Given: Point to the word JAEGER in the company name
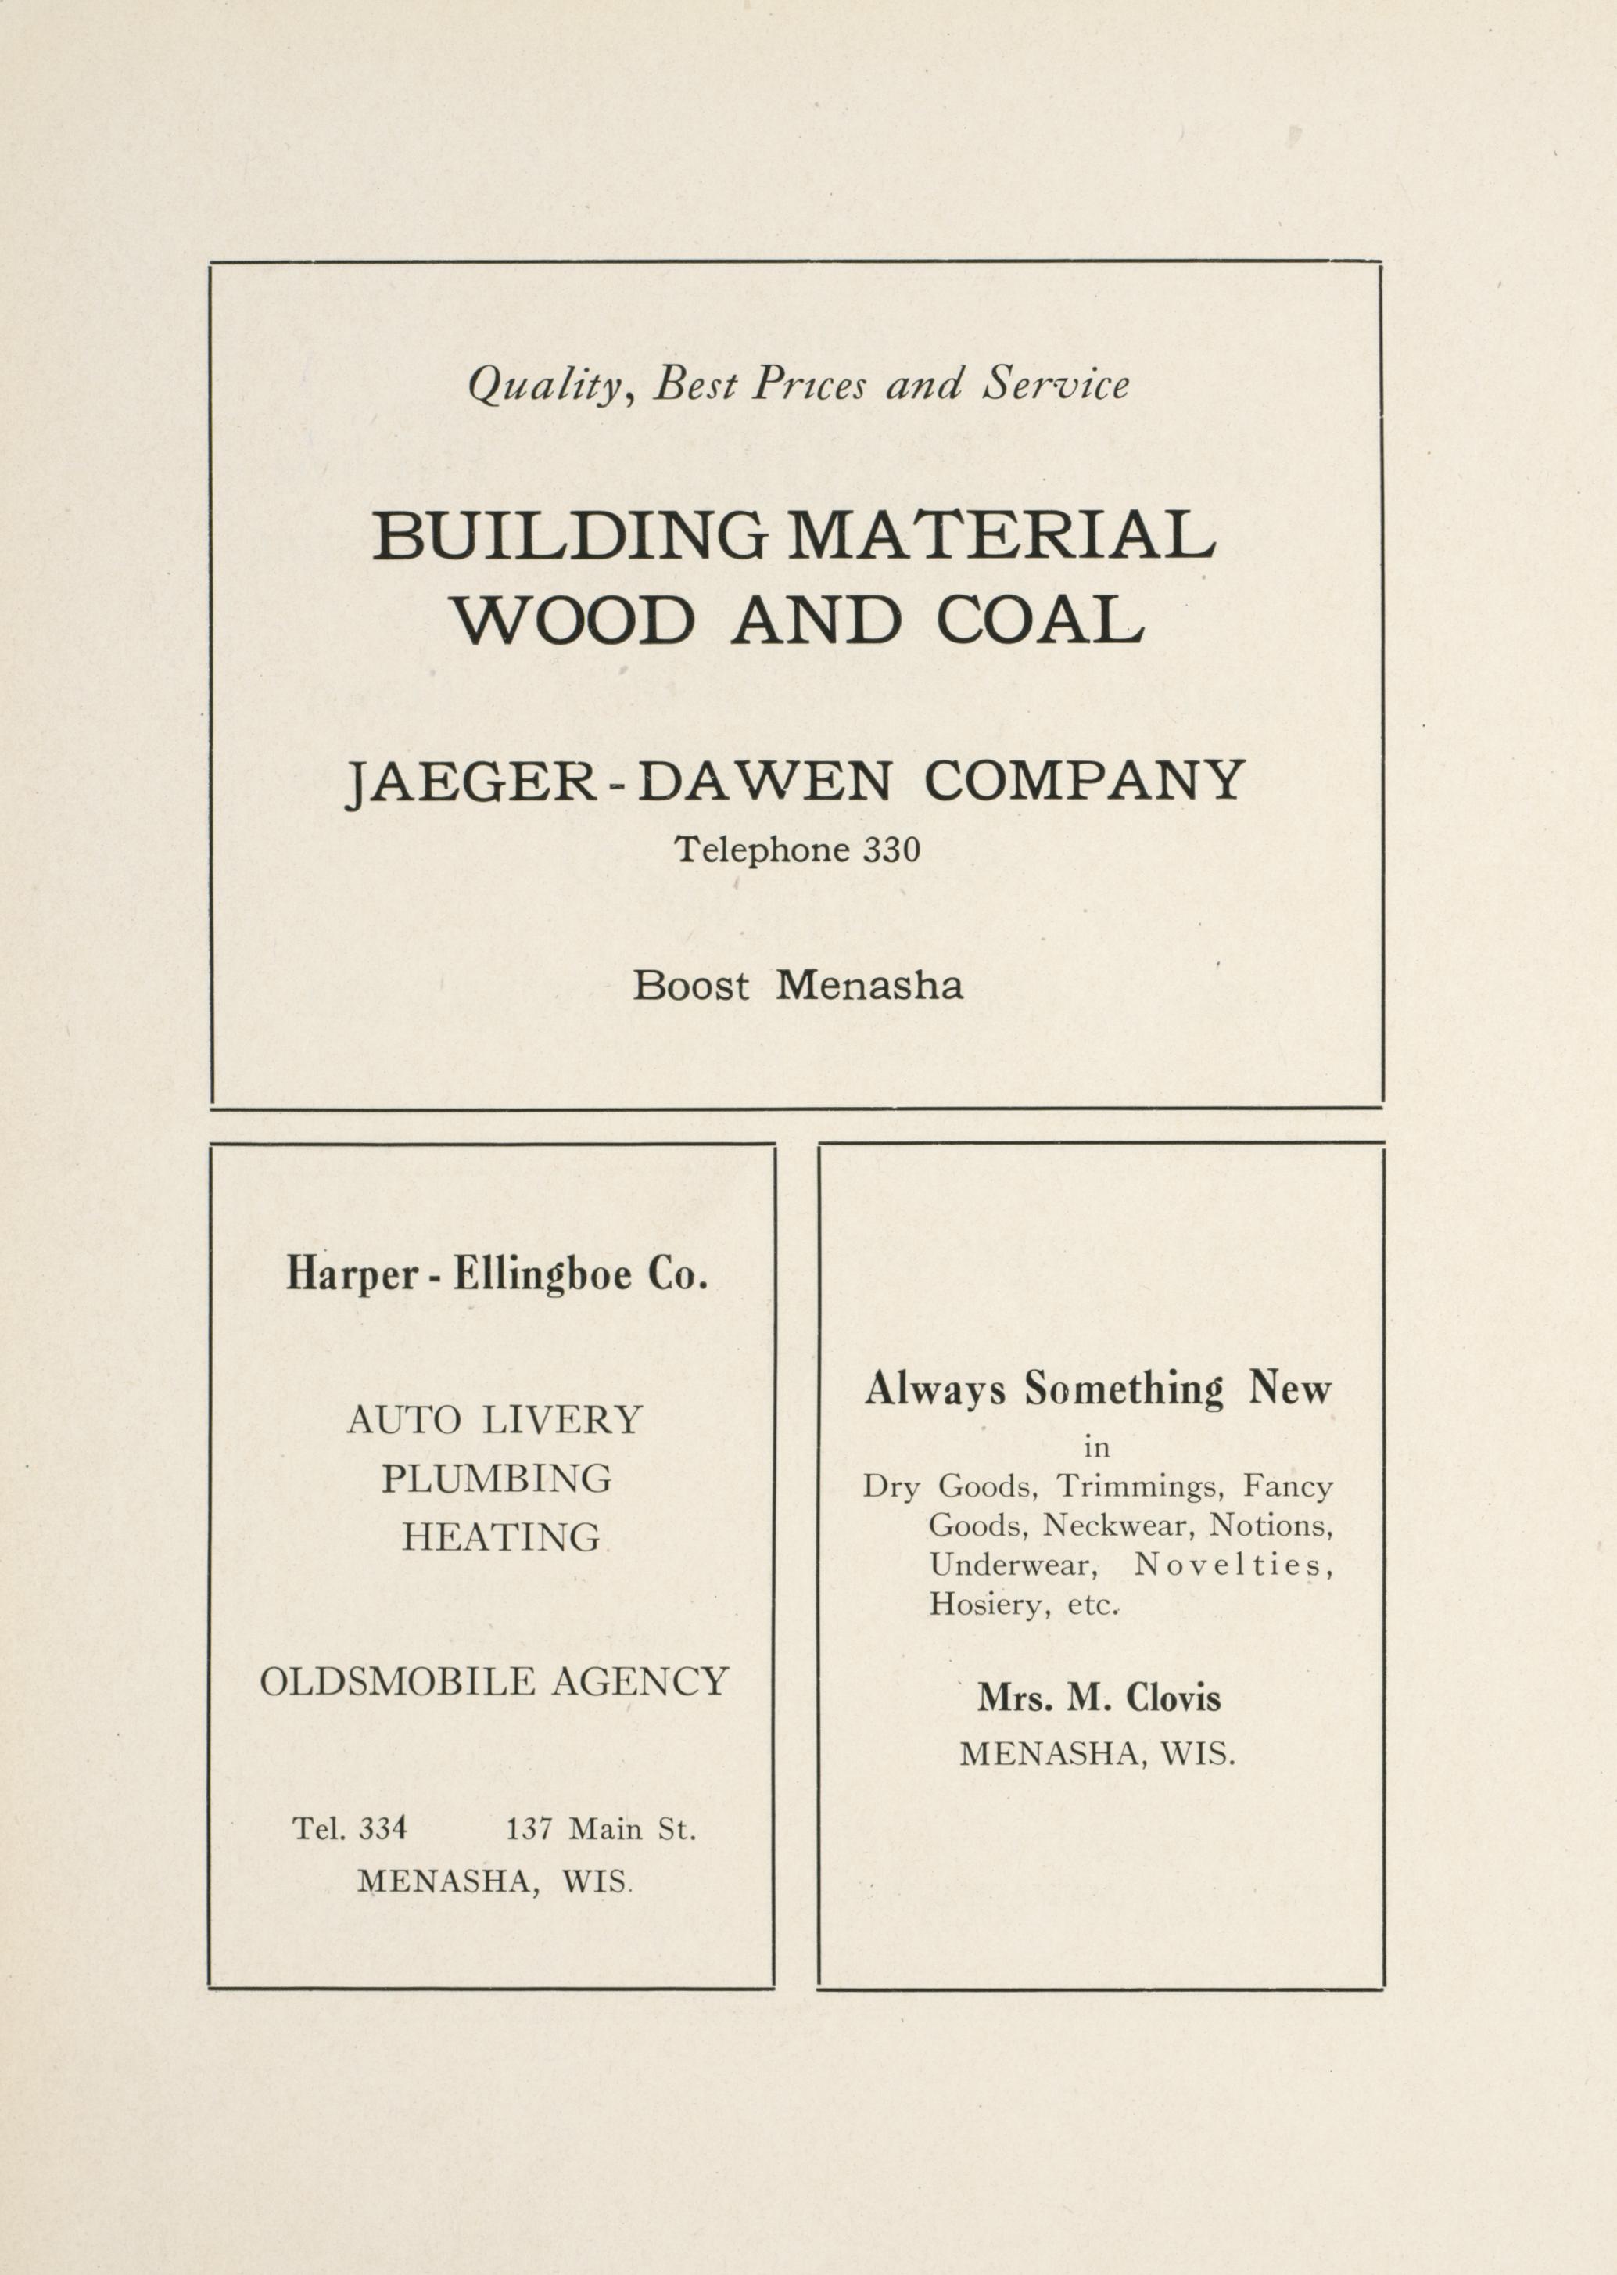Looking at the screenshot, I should pos(471,781).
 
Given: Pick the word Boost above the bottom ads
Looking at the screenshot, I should pos(691,986).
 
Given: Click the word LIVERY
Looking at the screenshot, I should pos(561,1419).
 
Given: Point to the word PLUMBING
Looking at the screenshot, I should pos(496,1478).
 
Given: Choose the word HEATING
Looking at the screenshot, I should pos(501,1537).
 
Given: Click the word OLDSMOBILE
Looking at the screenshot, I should pos(397,1681).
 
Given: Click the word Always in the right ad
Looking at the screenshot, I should pos(935,1389).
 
